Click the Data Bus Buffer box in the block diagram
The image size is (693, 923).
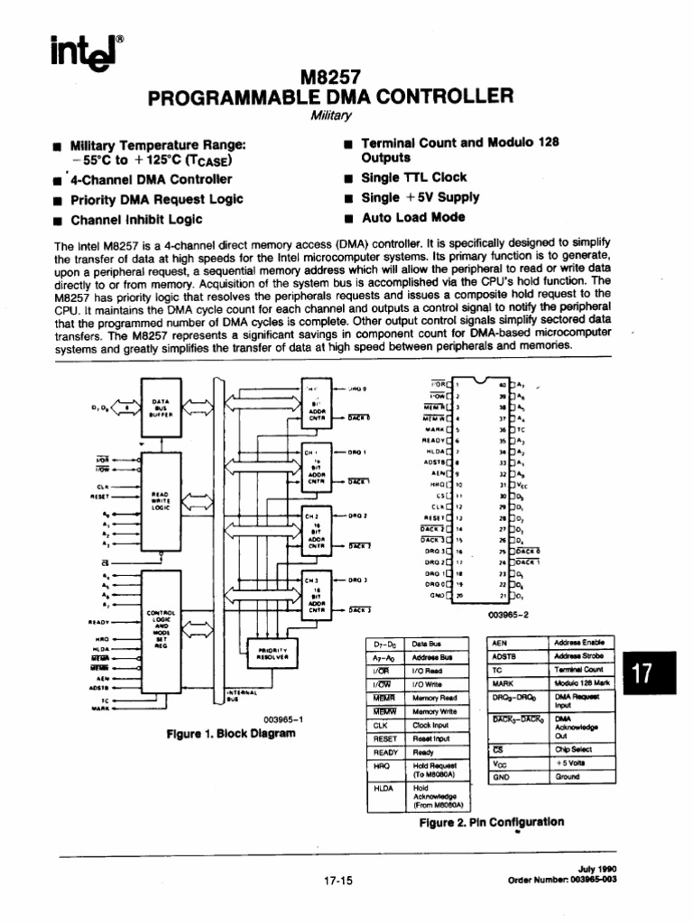(160, 407)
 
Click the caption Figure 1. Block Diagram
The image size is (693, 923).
(231, 733)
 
